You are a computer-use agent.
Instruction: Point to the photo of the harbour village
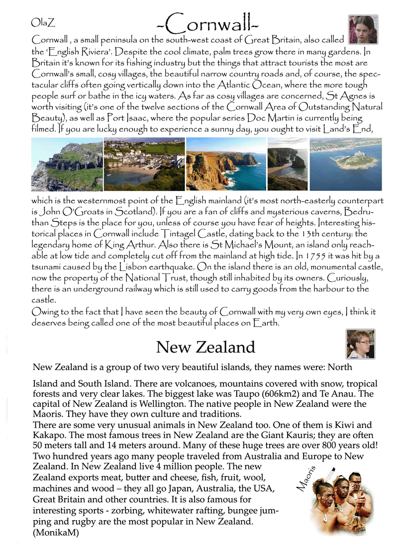[144, 164]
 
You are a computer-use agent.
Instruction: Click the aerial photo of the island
[346, 164]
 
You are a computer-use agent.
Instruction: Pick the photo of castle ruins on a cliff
[67, 164]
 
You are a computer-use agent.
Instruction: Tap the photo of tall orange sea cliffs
[226, 164]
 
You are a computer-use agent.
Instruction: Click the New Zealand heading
[205, 347]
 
